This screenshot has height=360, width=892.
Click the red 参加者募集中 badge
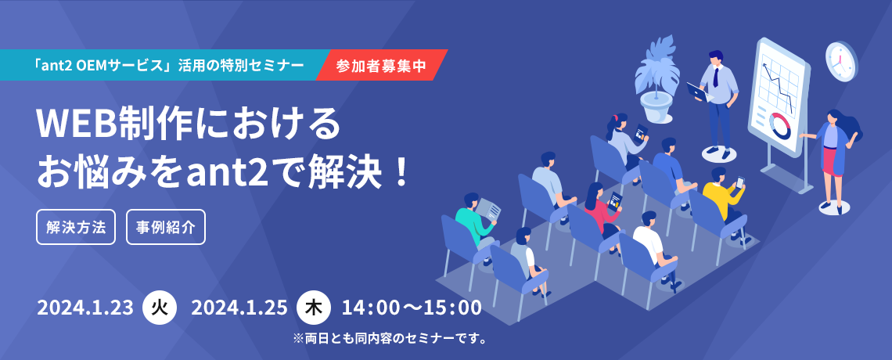(381, 65)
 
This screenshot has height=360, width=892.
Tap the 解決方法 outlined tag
(76, 228)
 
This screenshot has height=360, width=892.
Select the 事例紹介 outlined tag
(166, 228)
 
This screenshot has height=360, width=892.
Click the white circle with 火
(160, 308)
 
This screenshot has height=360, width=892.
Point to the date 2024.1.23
(85, 308)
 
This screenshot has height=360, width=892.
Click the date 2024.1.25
(239, 308)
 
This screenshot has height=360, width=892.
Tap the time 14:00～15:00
(412, 308)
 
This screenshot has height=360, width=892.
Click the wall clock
(841, 61)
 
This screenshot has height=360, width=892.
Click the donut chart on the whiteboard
(781, 124)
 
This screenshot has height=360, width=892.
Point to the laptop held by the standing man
(697, 92)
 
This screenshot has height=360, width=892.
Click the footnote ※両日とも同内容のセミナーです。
(390, 340)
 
